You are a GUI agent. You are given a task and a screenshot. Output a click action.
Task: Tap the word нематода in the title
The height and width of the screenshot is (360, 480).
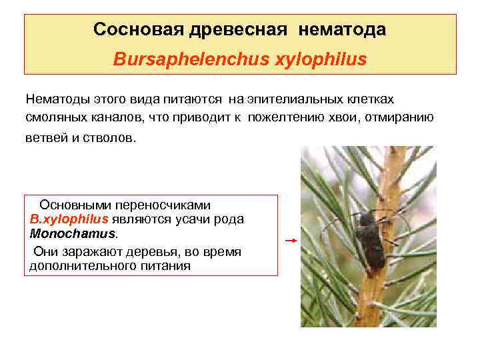click(x=343, y=30)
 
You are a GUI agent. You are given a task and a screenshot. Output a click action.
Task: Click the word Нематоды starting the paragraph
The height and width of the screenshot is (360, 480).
click(x=56, y=99)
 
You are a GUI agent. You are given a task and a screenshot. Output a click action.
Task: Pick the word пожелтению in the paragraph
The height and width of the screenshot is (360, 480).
click(x=283, y=117)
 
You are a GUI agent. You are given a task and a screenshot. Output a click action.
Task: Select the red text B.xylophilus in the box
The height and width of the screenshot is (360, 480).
click(x=69, y=219)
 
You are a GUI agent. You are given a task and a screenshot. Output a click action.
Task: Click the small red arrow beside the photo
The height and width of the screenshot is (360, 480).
click(x=290, y=241)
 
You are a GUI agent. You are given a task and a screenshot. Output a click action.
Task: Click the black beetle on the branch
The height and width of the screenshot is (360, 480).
click(x=369, y=240)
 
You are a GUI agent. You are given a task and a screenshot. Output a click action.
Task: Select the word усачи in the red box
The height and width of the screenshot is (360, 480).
click(x=189, y=219)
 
